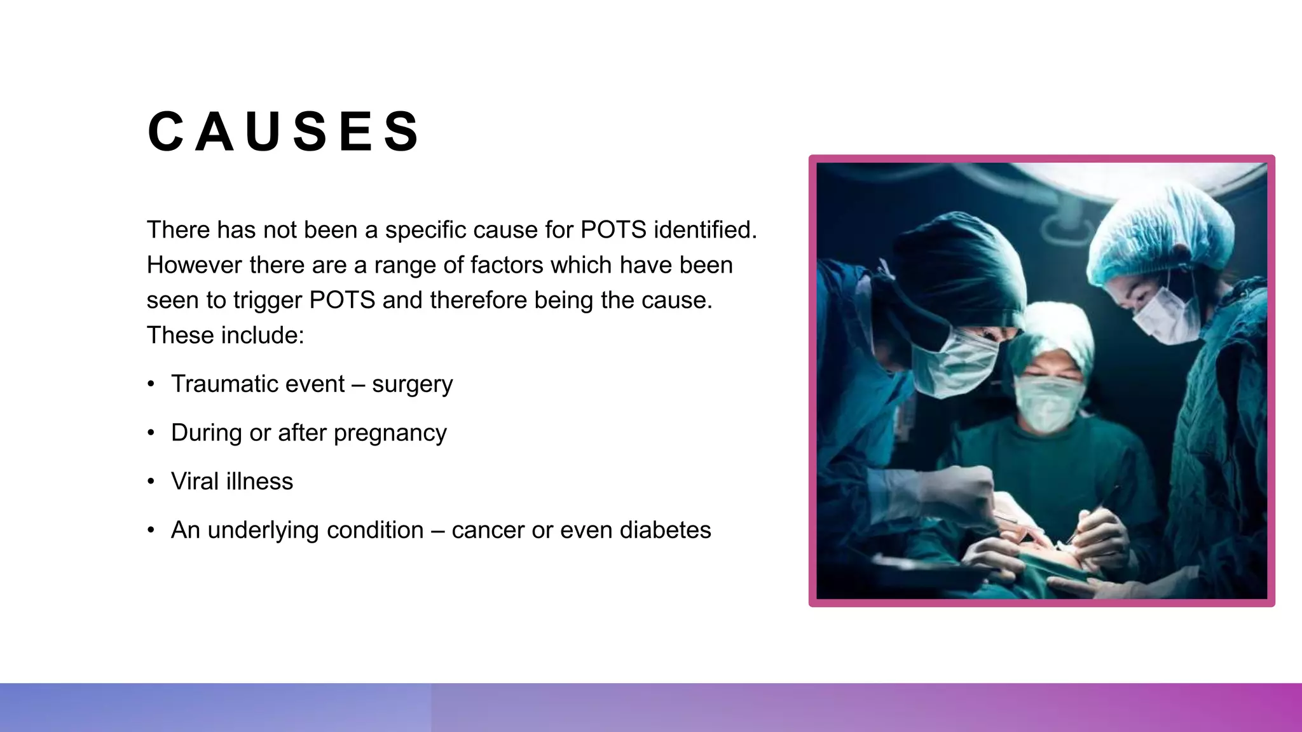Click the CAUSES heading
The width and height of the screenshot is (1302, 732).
point(283,132)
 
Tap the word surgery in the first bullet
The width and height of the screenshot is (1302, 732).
point(412,384)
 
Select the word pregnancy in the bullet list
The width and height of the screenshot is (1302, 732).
point(390,433)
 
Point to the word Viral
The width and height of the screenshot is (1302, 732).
point(195,482)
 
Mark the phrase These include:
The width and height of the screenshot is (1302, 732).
point(225,335)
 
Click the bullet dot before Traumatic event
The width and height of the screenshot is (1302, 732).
point(151,384)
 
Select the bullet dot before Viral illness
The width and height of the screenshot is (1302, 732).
point(151,482)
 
